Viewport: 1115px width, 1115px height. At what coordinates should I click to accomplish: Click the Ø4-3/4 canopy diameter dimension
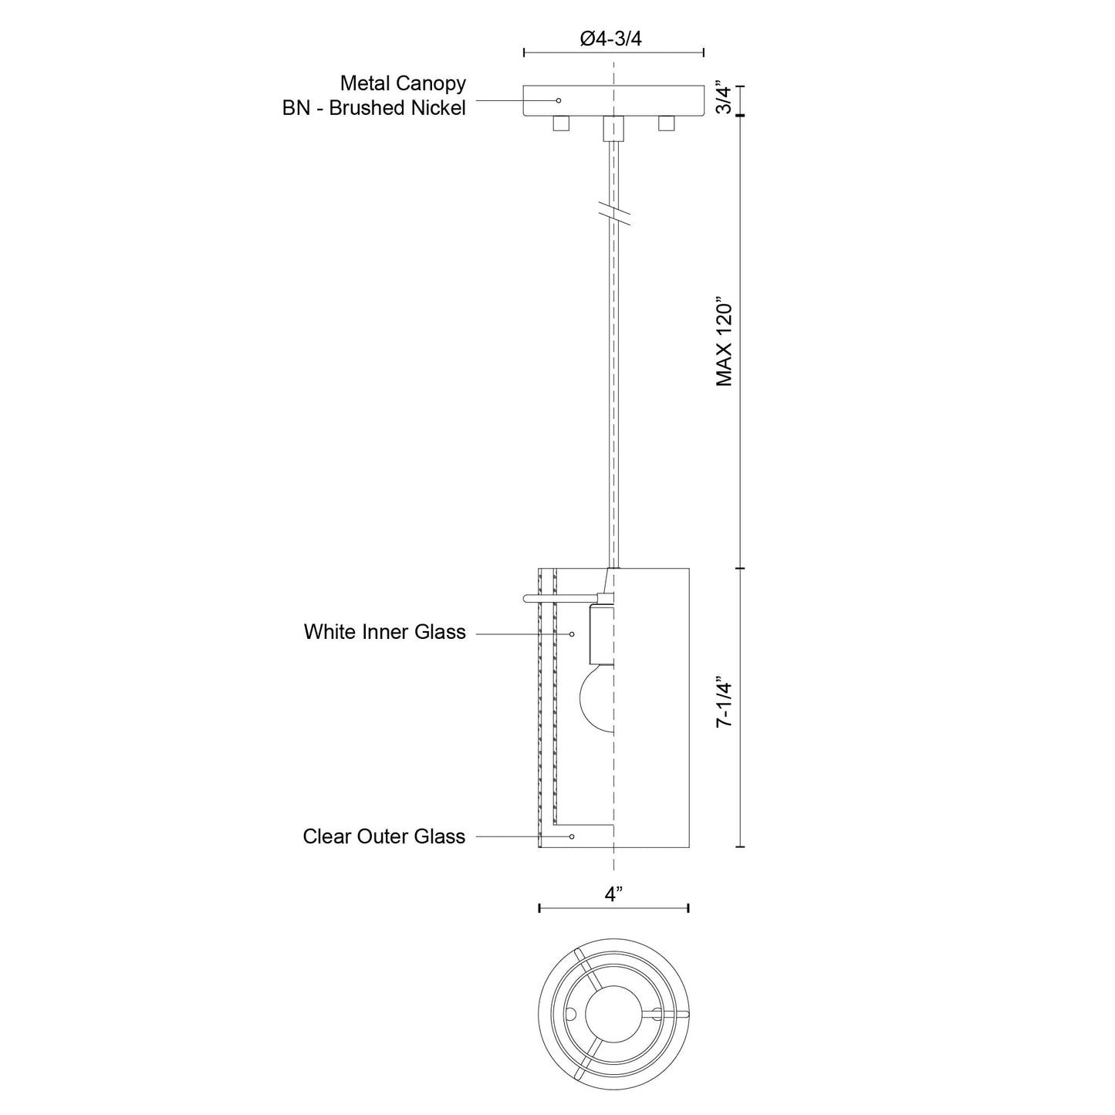[610, 39]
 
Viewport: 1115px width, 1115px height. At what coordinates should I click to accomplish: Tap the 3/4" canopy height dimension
[725, 100]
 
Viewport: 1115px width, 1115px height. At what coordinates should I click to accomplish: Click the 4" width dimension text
[613, 894]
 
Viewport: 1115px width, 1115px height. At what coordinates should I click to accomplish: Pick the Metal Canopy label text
[403, 83]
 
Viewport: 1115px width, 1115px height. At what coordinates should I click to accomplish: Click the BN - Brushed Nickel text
[373, 108]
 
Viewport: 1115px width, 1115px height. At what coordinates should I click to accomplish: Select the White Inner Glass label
[385, 632]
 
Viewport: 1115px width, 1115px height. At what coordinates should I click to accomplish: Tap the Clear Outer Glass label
[383, 836]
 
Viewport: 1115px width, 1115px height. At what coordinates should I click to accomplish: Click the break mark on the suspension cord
[614, 214]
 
